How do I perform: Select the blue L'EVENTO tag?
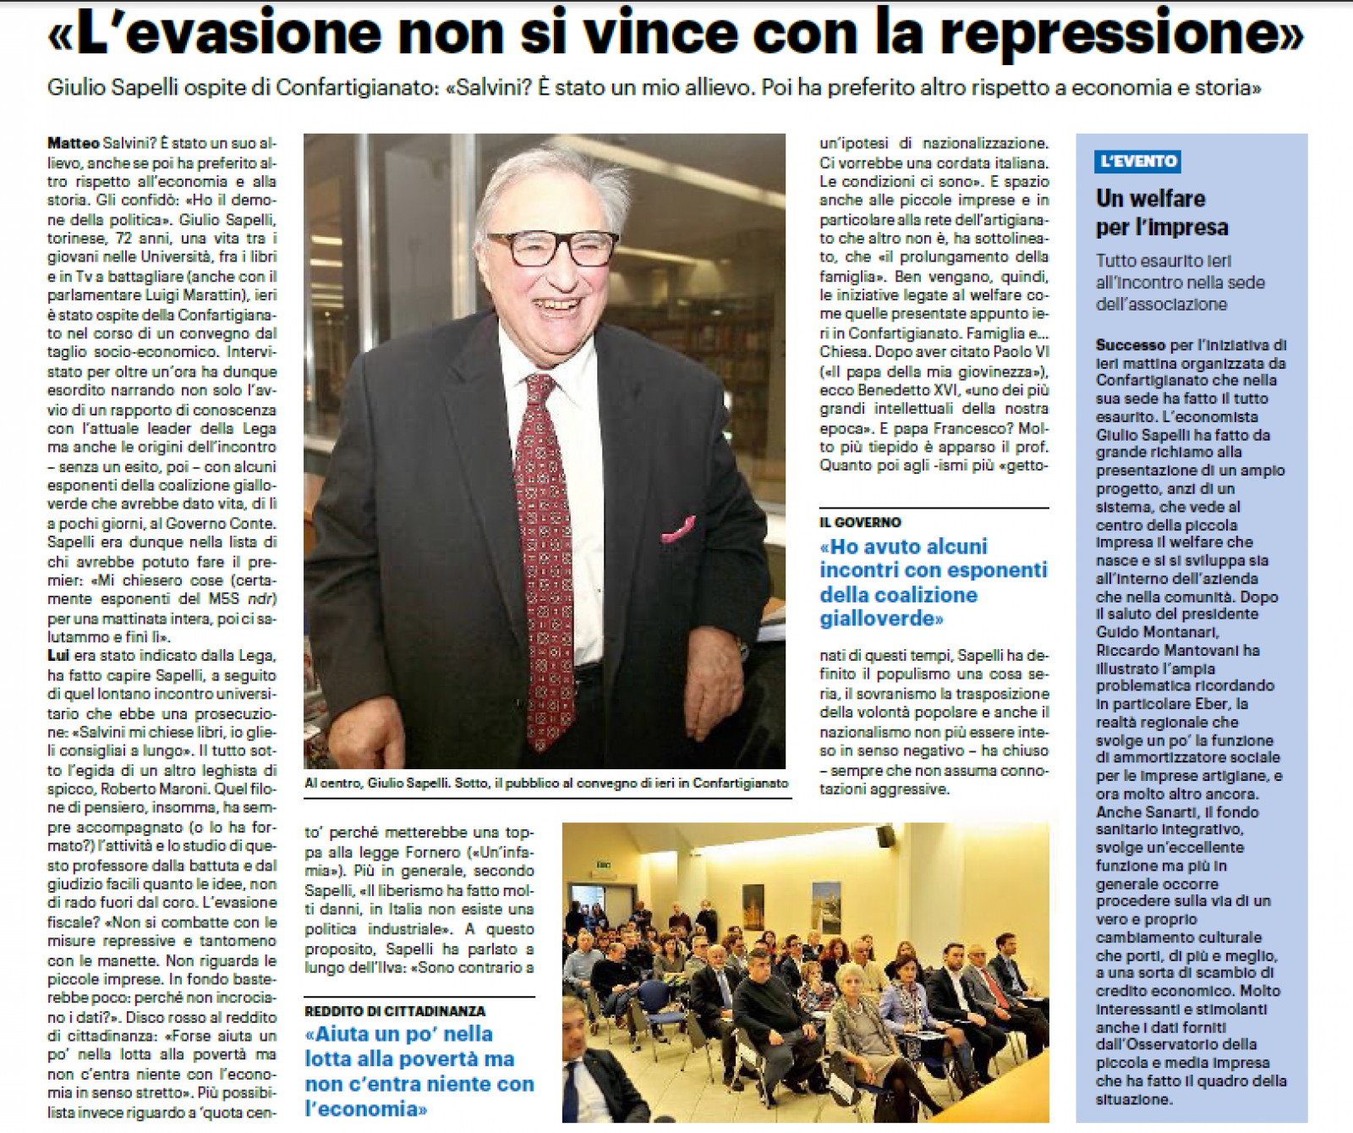click(1137, 161)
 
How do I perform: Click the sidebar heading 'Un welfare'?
click(1151, 199)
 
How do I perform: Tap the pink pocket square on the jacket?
click(678, 530)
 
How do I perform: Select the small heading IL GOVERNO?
click(860, 523)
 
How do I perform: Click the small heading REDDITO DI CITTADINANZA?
click(395, 1011)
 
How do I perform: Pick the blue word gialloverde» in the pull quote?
click(881, 619)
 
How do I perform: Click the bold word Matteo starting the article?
click(73, 144)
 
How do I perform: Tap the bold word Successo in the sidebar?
click(1131, 345)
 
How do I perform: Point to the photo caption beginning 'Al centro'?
click(545, 784)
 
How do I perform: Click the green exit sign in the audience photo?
click(602, 865)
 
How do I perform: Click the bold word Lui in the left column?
click(58, 656)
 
